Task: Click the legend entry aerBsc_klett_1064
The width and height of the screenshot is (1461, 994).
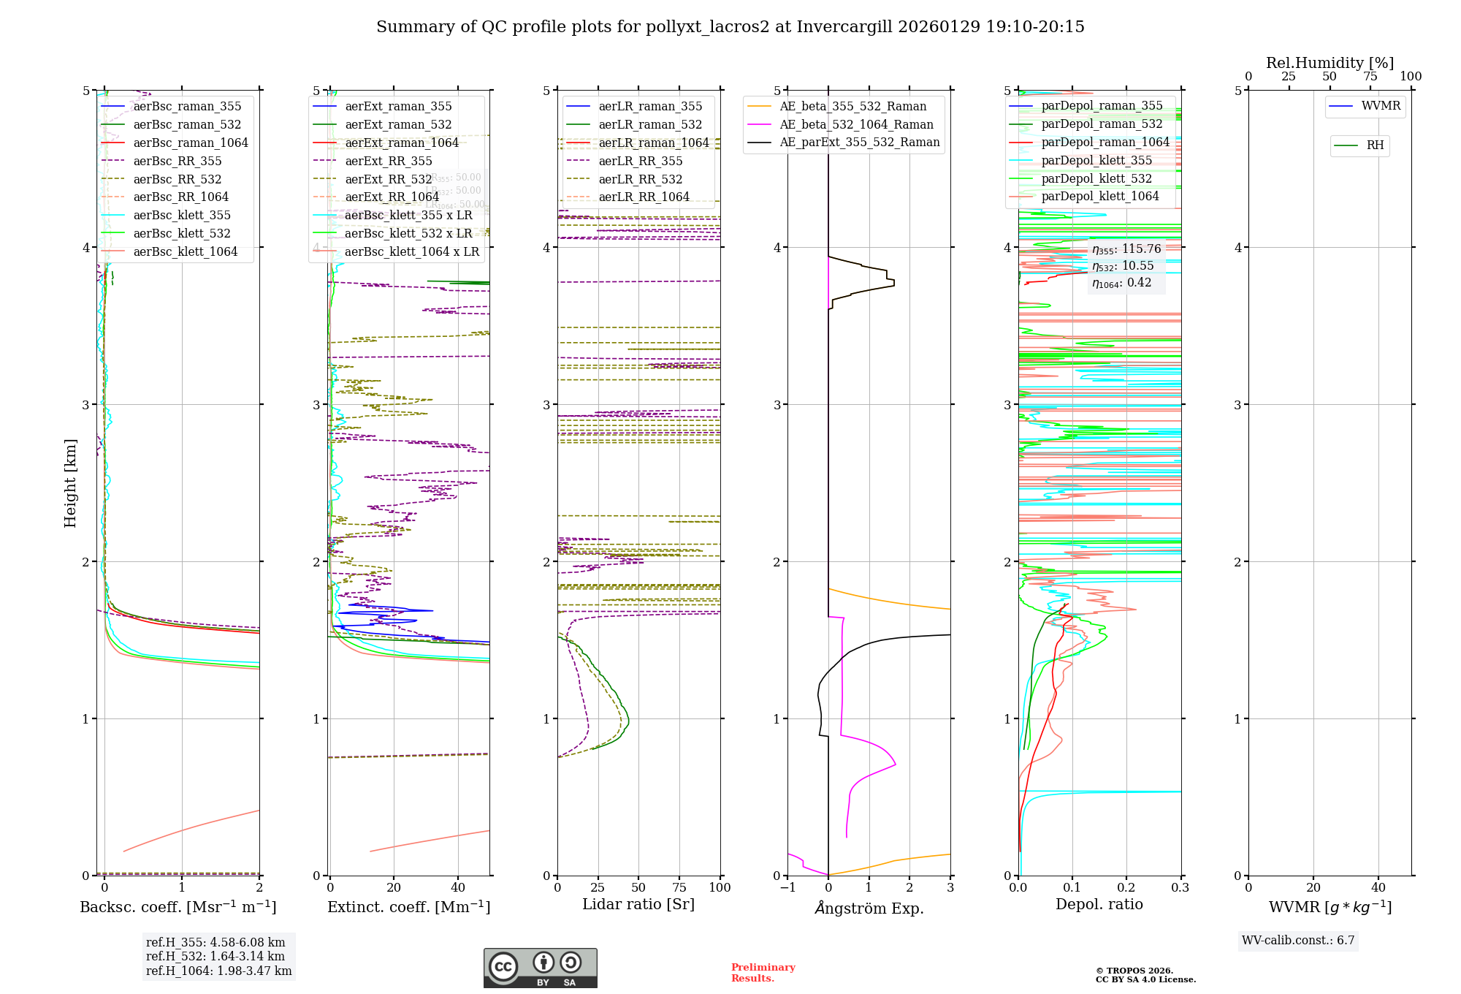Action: tap(185, 252)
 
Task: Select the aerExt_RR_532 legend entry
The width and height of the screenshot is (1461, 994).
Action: tap(388, 179)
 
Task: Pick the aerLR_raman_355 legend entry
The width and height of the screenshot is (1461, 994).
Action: tap(650, 107)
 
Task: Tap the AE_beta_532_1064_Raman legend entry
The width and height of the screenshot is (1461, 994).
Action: tap(856, 125)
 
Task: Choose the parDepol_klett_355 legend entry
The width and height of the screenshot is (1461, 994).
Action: tap(1096, 161)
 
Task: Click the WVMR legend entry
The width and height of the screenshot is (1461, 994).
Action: tap(1381, 106)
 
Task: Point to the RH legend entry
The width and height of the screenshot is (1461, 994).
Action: tap(1375, 145)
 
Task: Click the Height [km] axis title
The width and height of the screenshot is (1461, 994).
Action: tap(70, 483)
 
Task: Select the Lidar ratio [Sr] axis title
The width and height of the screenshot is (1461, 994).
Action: tap(638, 905)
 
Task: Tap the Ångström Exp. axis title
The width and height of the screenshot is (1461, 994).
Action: tap(869, 908)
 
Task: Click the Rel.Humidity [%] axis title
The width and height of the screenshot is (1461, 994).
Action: tap(1330, 63)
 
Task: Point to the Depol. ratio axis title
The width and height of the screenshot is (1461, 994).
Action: tap(1099, 905)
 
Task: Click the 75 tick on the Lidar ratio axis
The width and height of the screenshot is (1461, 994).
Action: tap(679, 888)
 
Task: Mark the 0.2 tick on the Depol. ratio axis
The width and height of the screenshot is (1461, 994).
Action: tap(1126, 888)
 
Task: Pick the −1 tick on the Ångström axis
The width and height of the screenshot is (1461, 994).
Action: tap(787, 888)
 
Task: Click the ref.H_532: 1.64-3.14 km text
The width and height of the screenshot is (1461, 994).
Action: tap(215, 957)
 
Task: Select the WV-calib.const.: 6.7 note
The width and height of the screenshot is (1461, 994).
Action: tap(1298, 941)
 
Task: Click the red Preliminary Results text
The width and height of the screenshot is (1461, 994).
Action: tap(763, 973)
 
